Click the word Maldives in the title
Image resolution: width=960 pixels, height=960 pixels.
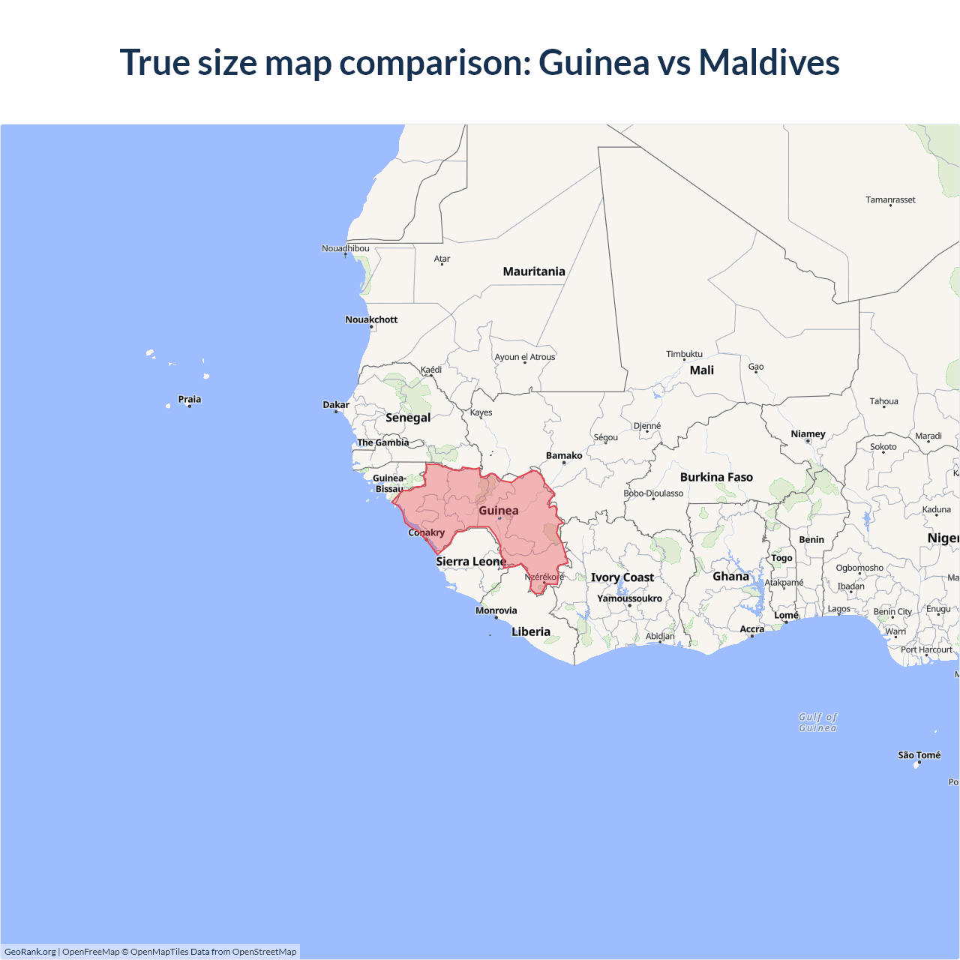pyautogui.click(x=769, y=62)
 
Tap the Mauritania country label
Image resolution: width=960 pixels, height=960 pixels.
pyautogui.click(x=534, y=271)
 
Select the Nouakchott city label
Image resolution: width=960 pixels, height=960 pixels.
pyautogui.click(x=371, y=319)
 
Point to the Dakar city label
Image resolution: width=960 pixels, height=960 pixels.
pyautogui.click(x=336, y=405)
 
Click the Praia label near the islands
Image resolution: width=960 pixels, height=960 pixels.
pyautogui.click(x=189, y=400)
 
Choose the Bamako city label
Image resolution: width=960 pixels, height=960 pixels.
pyautogui.click(x=564, y=456)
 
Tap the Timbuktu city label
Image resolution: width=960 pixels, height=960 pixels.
pyautogui.click(x=684, y=354)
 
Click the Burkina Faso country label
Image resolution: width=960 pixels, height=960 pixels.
pyautogui.click(x=716, y=477)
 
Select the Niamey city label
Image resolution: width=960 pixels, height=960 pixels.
pyautogui.click(x=808, y=434)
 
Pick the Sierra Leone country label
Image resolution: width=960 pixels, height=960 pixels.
pyautogui.click(x=471, y=562)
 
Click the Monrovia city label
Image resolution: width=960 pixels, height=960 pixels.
pyautogui.click(x=496, y=610)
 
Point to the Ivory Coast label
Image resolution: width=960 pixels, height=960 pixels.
pyautogui.click(x=622, y=577)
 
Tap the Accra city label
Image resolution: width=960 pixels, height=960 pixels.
pyautogui.click(x=751, y=629)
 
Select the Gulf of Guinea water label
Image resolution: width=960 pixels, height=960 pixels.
pyautogui.click(x=817, y=722)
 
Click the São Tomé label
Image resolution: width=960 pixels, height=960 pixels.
pyautogui.click(x=919, y=755)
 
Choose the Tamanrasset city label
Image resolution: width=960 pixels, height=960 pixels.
pyautogui.click(x=890, y=200)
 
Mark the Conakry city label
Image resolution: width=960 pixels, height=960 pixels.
pyautogui.click(x=426, y=532)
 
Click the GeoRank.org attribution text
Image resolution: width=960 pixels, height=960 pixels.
pyautogui.click(x=30, y=952)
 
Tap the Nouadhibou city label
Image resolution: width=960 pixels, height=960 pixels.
pyautogui.click(x=345, y=248)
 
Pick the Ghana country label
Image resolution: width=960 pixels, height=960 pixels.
pyautogui.click(x=730, y=576)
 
